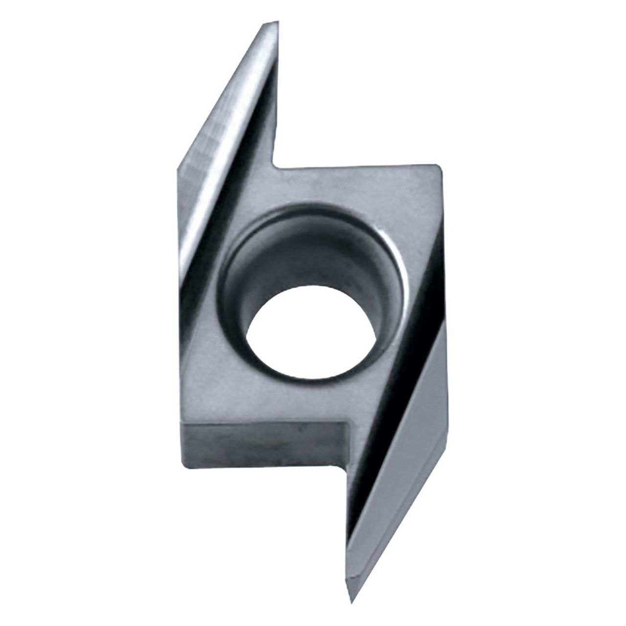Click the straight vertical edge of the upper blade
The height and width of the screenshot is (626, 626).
coord(277,98)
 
